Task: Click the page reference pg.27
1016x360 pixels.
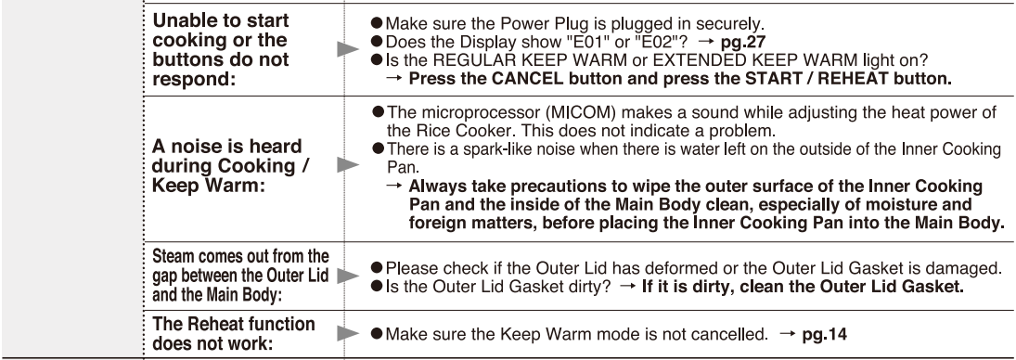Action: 744,43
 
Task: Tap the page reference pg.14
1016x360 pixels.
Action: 824,334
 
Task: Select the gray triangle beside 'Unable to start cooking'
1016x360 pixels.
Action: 348,49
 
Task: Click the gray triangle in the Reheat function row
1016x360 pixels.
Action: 348,334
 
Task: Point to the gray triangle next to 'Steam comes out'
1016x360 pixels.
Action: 348,276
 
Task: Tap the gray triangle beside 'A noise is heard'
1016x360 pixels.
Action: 348,165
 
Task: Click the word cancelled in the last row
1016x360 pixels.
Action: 731,334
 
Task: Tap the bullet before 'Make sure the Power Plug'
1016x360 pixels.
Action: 377,25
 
